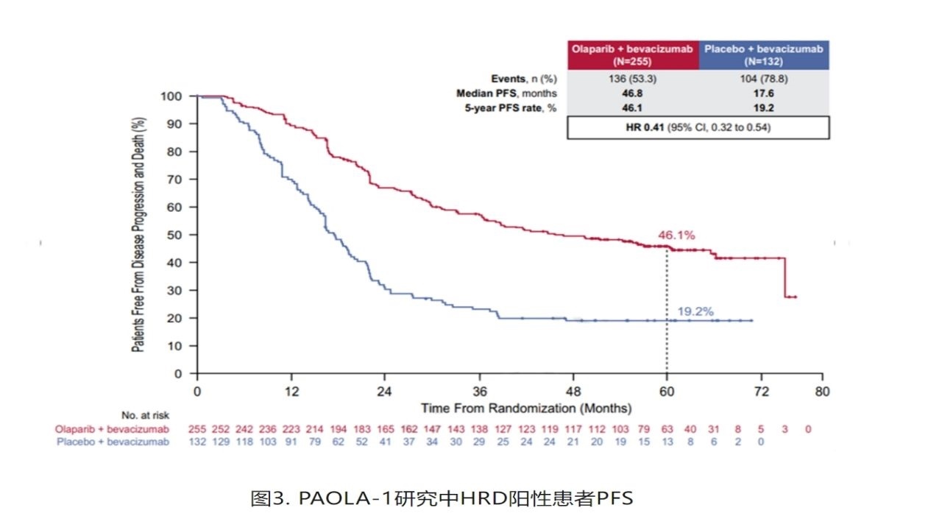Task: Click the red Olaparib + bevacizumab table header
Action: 632,55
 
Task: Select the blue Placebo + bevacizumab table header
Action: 763,55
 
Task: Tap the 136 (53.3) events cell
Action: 632,79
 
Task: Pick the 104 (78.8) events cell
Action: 763,79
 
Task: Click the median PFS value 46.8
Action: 632,93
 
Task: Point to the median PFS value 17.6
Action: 763,93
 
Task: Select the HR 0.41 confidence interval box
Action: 698,128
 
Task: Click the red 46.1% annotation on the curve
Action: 676,236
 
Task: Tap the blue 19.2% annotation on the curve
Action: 695,311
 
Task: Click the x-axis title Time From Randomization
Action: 525,408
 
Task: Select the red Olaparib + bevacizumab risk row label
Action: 112,429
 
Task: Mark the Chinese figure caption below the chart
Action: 442,498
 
